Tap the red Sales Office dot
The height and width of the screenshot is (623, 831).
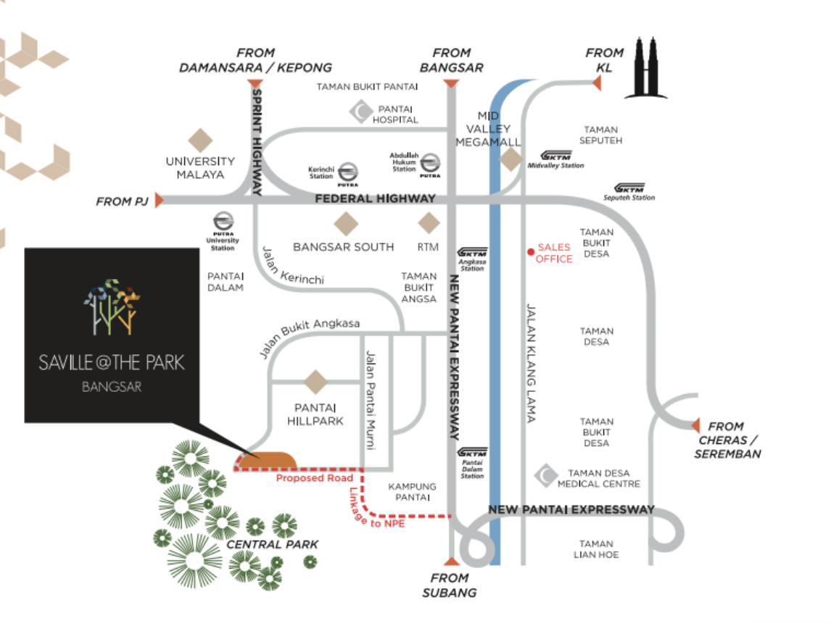[531, 252]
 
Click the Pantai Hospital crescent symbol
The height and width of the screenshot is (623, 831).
[361, 112]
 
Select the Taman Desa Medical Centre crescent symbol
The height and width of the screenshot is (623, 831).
[546, 476]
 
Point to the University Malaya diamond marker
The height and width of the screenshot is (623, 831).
[200, 141]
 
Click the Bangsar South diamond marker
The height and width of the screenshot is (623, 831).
[346, 223]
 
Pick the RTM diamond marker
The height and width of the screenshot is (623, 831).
[429, 223]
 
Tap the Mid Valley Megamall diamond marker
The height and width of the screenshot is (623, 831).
[511, 159]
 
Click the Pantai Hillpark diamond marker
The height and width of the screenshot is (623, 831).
[316, 382]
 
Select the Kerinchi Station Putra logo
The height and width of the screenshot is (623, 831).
[347, 173]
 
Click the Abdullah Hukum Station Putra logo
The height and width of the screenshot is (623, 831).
[430, 164]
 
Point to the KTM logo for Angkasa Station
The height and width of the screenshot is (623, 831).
[472, 253]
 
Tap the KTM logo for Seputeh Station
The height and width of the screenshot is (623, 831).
[629, 188]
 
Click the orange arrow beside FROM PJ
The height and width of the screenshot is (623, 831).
[159, 200]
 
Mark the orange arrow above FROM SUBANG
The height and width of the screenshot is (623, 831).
[452, 561]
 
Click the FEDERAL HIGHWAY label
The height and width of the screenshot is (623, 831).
[375, 198]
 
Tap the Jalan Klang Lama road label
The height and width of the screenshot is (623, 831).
[531, 363]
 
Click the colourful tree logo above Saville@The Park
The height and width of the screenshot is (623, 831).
[112, 307]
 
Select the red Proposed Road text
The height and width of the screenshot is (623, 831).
[314, 478]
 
